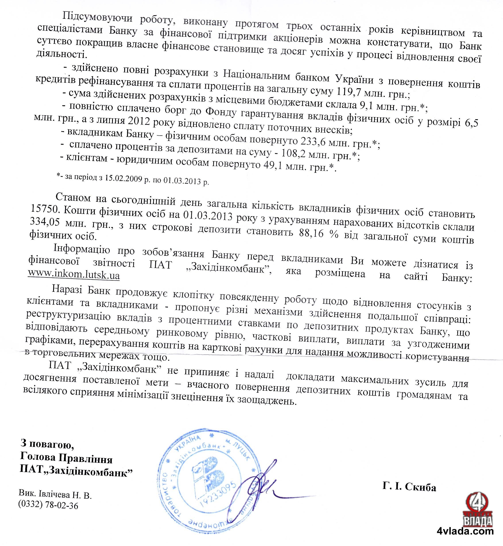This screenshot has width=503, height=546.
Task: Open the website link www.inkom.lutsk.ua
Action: (74, 275)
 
